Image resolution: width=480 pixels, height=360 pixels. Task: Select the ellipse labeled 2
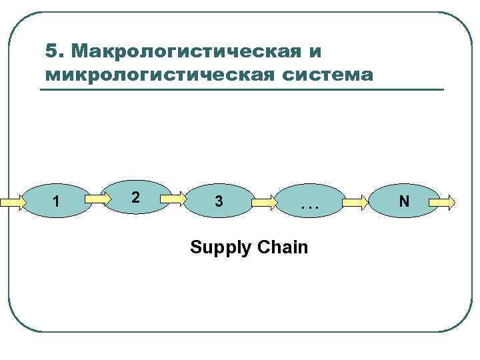(138, 197)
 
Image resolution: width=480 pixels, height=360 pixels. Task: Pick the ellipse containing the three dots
(310, 200)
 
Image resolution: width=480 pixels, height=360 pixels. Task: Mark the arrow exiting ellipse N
(443, 200)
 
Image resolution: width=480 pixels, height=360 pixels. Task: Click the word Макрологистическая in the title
(180, 51)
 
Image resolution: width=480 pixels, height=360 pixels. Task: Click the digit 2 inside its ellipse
(135, 197)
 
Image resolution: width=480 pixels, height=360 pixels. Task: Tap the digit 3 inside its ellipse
(219, 201)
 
